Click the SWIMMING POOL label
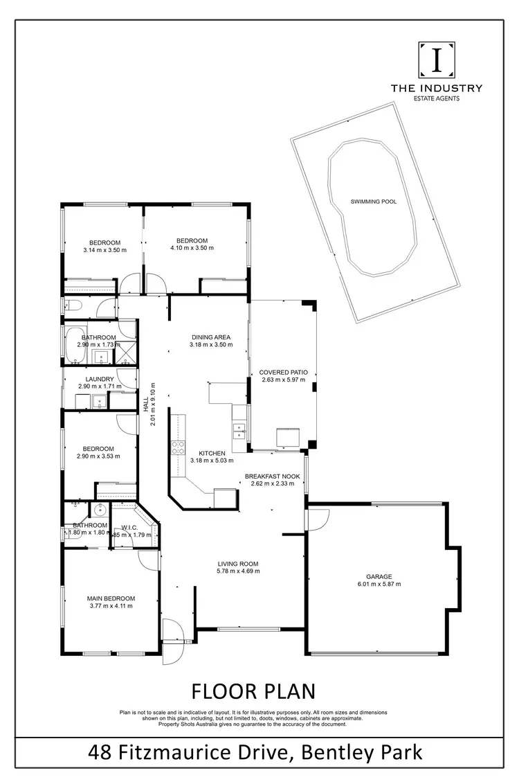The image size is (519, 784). pyautogui.click(x=374, y=201)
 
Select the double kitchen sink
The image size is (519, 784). pyautogui.click(x=239, y=431)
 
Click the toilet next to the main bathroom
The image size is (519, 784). pyautogui.click(x=72, y=305)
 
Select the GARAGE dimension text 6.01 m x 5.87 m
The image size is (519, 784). pyautogui.click(x=379, y=584)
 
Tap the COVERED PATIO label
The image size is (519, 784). pyautogui.click(x=284, y=372)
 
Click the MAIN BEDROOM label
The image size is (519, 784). pyautogui.click(x=111, y=598)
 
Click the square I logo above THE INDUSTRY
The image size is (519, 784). pyautogui.click(x=437, y=61)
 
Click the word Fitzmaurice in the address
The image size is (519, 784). pyautogui.click(x=206, y=751)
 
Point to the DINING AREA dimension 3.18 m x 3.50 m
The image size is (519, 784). pyautogui.click(x=211, y=345)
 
